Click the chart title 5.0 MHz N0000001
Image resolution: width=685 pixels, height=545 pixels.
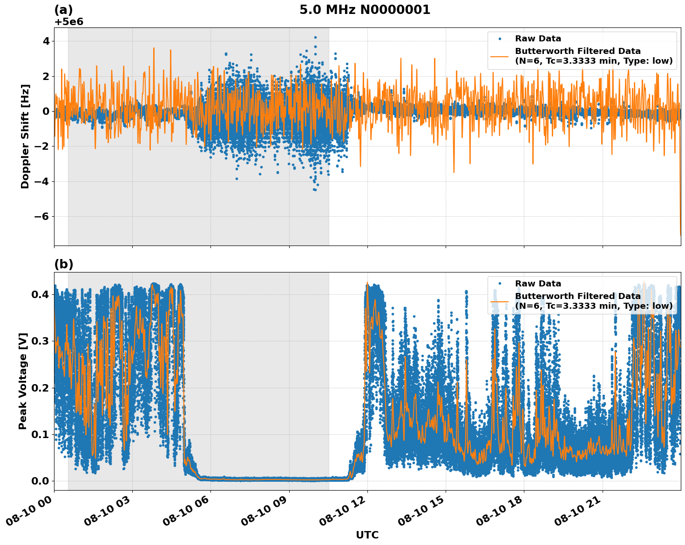[365, 10]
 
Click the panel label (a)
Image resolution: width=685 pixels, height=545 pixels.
[63, 10]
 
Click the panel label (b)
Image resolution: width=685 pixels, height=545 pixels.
[64, 264]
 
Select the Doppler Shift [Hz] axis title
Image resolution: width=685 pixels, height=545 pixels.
[25, 136]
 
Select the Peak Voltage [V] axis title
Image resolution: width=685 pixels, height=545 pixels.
[23, 381]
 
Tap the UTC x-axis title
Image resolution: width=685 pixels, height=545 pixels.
[367, 535]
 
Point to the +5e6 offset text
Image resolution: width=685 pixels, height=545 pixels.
[69, 22]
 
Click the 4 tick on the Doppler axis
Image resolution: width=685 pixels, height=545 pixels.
[46, 41]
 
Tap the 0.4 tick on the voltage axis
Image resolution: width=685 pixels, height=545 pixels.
[41, 294]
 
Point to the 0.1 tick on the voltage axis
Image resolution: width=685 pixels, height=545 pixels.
[41, 434]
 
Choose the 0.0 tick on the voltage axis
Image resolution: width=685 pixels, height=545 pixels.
[41, 481]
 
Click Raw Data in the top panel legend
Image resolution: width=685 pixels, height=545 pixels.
[538, 39]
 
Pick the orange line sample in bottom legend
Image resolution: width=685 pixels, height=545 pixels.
[499, 301]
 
